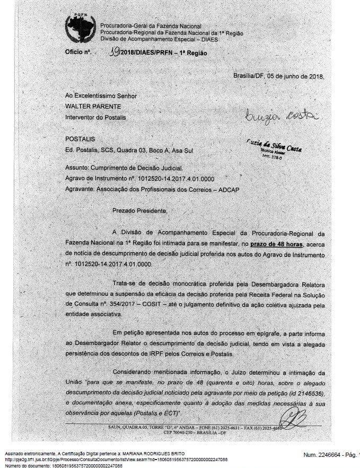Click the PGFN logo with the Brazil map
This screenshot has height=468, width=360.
click(x=80, y=30)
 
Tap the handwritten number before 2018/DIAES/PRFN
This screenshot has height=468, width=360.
click(x=112, y=52)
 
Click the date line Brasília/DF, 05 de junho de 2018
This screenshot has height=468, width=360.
click(x=278, y=76)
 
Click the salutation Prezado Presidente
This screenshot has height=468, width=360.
click(x=139, y=210)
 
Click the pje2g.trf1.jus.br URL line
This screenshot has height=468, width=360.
click(x=116, y=460)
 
